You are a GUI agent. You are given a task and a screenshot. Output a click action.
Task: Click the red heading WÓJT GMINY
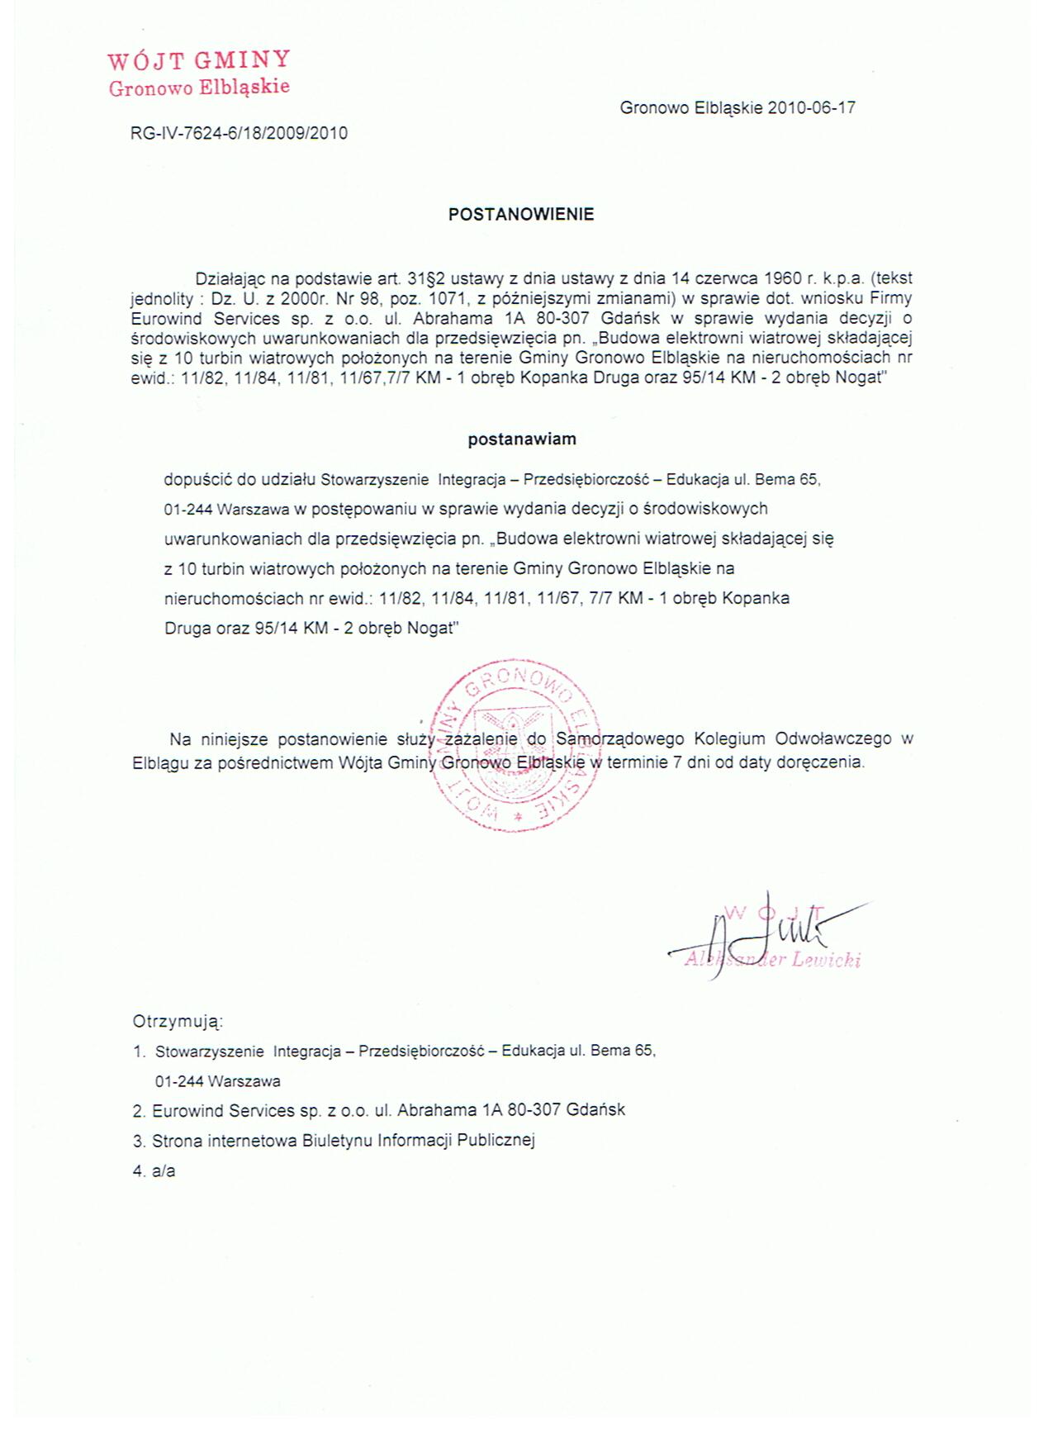[x=198, y=60]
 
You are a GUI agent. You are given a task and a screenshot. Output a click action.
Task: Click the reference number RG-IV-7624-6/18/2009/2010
[x=239, y=132]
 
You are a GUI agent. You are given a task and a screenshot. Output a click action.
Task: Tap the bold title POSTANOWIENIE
[x=521, y=214]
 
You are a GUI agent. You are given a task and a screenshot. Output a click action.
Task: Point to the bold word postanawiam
[x=522, y=439]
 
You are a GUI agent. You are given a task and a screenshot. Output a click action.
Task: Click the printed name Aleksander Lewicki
[x=773, y=960]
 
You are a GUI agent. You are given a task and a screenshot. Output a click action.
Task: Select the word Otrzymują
[x=178, y=1022]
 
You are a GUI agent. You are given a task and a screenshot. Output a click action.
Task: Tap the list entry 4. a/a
[x=154, y=1171]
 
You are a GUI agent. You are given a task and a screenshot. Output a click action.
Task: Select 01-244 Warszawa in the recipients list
[x=217, y=1081]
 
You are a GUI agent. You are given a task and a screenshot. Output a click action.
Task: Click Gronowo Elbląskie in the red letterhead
[x=199, y=87]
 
